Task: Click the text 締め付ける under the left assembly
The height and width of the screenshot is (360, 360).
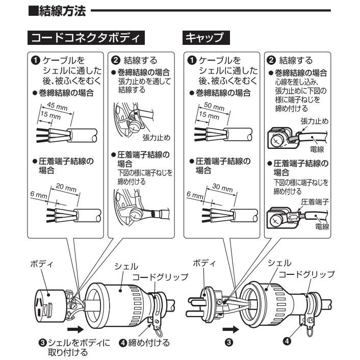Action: coord(148,342)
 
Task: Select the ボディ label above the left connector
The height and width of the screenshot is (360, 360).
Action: coord(40,265)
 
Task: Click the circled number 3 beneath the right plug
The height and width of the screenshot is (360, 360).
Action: coord(228,342)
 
